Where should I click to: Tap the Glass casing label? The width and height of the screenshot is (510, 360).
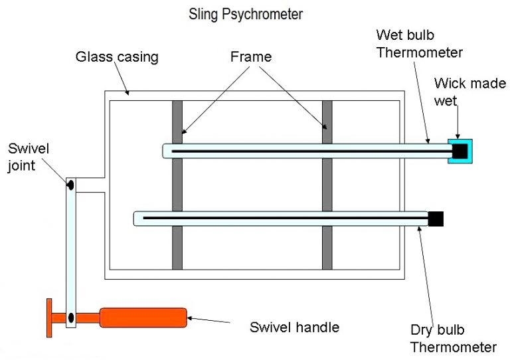tap(117, 56)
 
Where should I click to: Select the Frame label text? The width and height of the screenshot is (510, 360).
tap(250, 56)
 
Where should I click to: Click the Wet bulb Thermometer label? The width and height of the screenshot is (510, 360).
tap(419, 43)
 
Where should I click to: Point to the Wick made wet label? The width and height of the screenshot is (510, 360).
tap(469, 92)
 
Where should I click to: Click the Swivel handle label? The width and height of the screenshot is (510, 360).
tap(294, 327)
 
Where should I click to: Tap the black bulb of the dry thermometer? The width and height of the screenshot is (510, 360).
tap(436, 218)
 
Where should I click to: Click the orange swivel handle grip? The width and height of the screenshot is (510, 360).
tap(143, 317)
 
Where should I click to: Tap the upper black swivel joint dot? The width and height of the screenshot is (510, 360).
tap(70, 183)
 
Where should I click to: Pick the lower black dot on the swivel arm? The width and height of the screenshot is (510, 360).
tap(70, 317)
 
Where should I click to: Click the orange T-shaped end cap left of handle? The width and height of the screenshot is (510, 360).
tap(50, 317)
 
